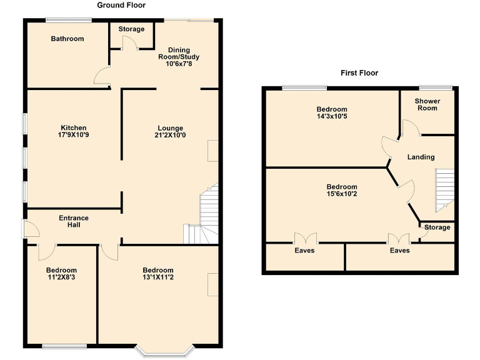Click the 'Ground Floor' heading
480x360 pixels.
coord(121,6)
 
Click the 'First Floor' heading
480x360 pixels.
coord(359,73)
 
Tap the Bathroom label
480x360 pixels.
coord(67,39)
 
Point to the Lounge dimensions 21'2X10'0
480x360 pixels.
coord(170,135)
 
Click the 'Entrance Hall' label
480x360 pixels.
coord(74,222)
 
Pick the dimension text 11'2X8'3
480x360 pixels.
coord(61,277)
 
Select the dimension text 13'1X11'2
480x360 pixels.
coord(158,277)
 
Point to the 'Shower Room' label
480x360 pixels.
coord(428,105)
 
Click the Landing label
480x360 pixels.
coord(421,157)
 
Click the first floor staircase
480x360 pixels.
coord(444,189)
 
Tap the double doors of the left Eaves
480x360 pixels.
coord(305,238)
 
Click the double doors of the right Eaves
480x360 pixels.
coord(398,238)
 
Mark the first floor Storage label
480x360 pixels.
coord(437,227)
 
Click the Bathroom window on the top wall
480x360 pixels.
coord(68,20)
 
